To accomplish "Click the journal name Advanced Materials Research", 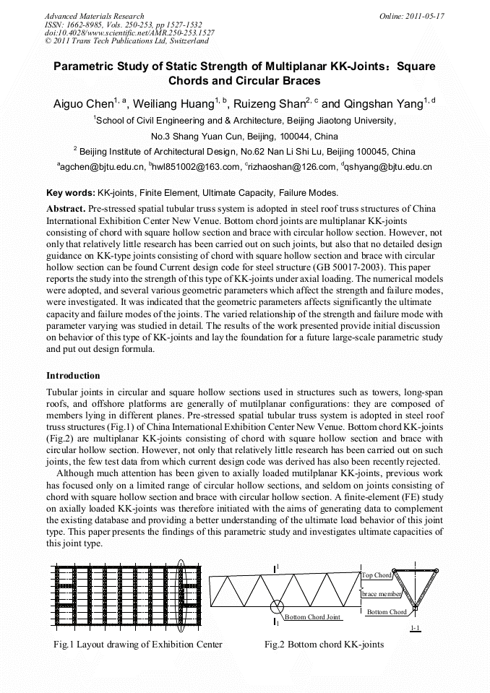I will pyautogui.click(x=94, y=16).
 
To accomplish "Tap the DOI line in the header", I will pyautogui.click(x=129, y=33).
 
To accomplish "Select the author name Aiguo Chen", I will pyautogui.click(x=81, y=104).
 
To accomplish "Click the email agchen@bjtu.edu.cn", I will pyautogui.click(x=101, y=168).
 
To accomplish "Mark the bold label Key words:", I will pyautogui.click(x=70, y=193).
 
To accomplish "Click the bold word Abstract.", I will pyautogui.click(x=66, y=208).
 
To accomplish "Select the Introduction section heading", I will pyautogui.click(x=73, y=376).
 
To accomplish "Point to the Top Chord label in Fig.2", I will pyautogui.click(x=377, y=575).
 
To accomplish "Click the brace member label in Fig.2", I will pyautogui.click(x=381, y=593).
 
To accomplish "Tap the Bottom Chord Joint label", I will pyautogui.click(x=311, y=617).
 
